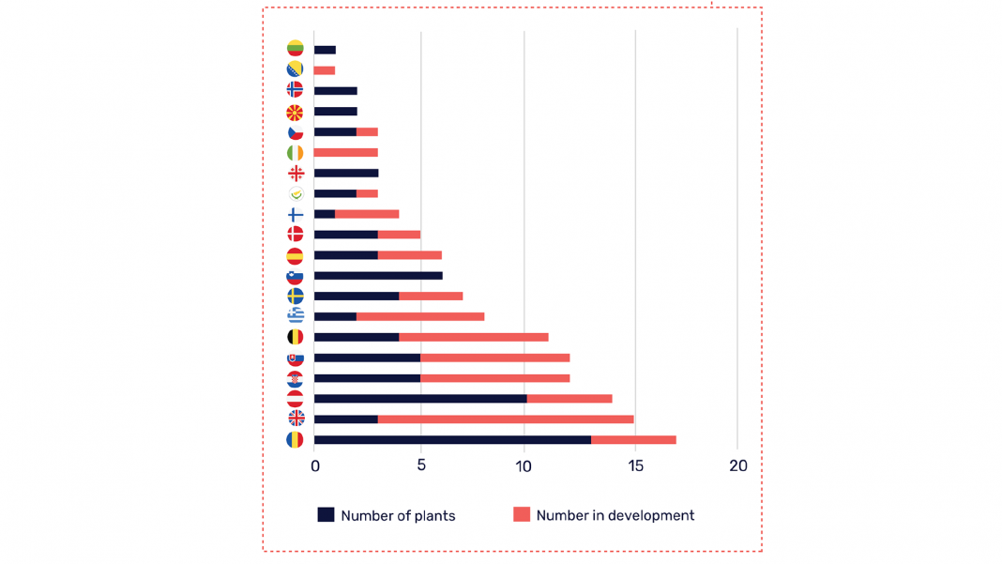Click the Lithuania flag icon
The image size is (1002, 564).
click(295, 49)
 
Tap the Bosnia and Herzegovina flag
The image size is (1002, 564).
click(295, 69)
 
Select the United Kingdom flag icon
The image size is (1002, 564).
click(296, 419)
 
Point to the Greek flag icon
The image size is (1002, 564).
click(296, 315)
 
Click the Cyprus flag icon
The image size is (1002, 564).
click(296, 193)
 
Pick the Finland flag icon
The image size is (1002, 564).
click(296, 214)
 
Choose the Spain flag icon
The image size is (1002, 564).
click(296, 255)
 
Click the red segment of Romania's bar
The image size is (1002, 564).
click(633, 439)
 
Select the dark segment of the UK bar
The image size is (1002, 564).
click(345, 419)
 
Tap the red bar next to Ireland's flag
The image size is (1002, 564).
click(345, 152)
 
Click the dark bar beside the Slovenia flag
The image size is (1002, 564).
click(378, 276)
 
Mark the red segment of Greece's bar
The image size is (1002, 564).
click(420, 316)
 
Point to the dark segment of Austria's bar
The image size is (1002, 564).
click(420, 398)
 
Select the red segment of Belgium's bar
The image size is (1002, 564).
click(473, 337)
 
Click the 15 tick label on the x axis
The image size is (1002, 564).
click(635, 466)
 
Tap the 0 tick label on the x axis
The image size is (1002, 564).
click(315, 466)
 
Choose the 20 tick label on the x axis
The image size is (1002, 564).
click(738, 466)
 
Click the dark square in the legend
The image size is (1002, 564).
click(326, 514)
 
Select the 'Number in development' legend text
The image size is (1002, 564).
click(615, 515)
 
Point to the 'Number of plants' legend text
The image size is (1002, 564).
click(398, 515)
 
